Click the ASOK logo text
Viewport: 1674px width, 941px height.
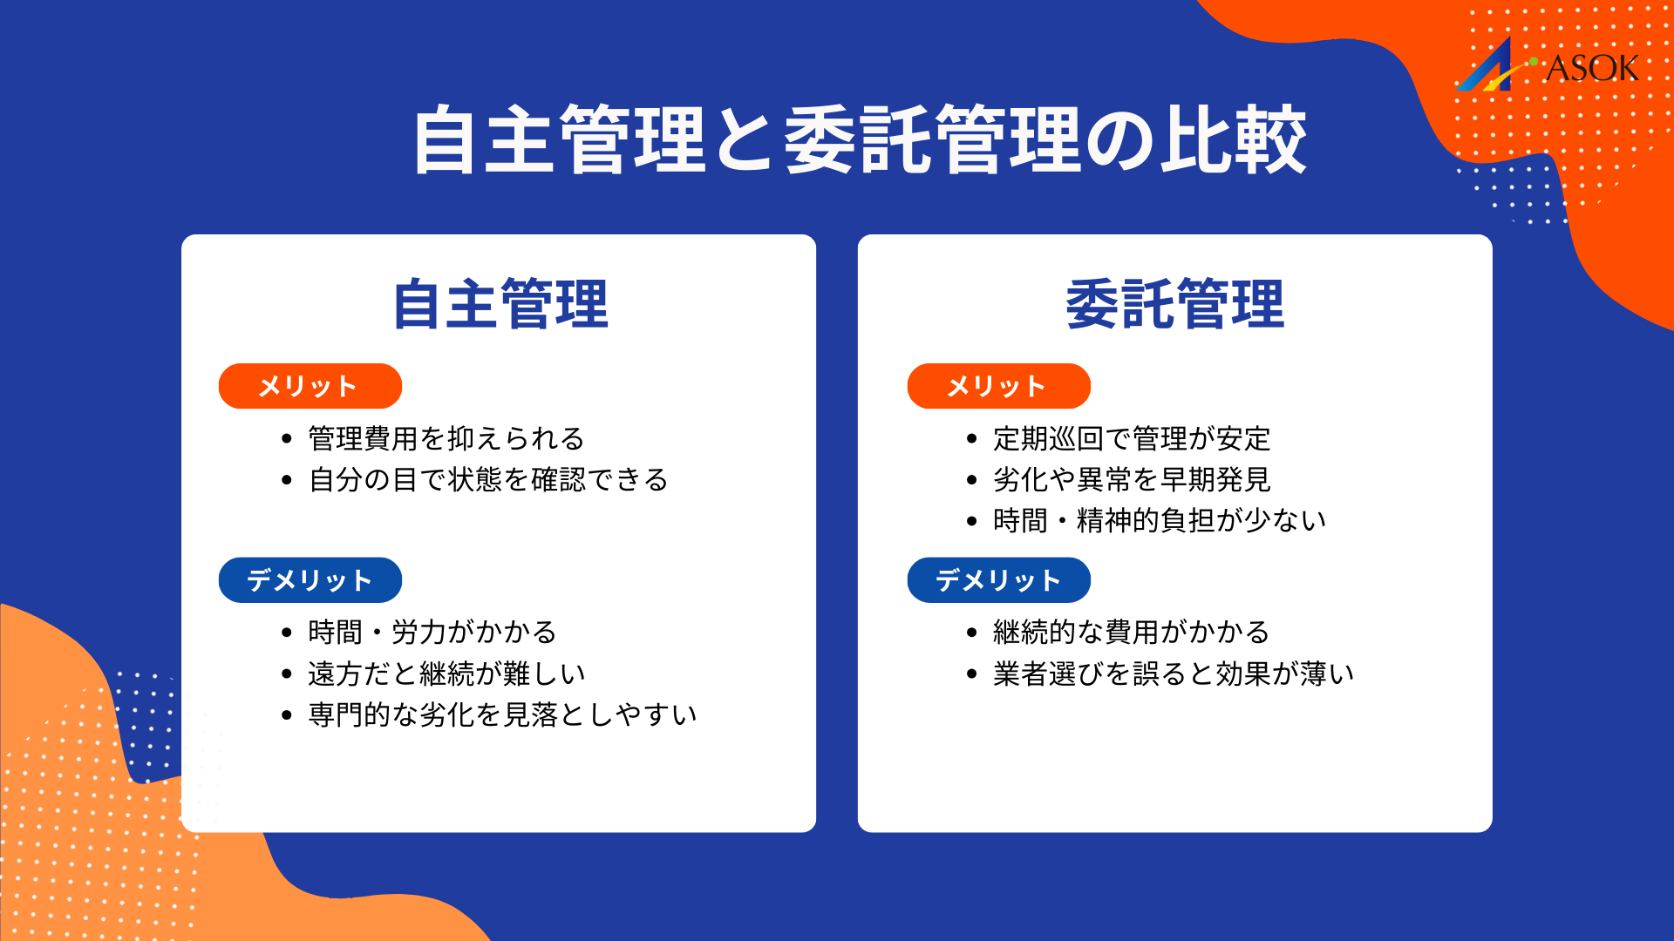coord(1591,68)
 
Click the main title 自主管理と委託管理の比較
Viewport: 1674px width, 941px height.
coord(859,139)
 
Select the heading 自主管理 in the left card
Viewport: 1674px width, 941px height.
coord(500,304)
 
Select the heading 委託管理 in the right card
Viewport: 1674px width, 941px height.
coord(1174,304)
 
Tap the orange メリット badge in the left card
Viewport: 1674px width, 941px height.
coord(310,386)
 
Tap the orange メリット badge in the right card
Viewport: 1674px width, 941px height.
coord(998,386)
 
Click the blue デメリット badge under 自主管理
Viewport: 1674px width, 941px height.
coord(310,580)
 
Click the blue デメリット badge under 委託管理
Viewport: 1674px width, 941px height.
coord(998,580)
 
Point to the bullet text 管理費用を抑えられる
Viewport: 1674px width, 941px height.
coord(446,438)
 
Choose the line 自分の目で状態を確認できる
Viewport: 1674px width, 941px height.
coord(488,480)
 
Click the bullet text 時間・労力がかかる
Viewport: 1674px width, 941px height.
coord(432,632)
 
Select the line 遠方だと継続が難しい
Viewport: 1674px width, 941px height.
coord(446,674)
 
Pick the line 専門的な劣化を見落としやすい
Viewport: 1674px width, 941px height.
coord(502,714)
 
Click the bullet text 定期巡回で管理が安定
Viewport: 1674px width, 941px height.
coord(1131,438)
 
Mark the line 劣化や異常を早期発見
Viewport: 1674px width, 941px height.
coord(1131,480)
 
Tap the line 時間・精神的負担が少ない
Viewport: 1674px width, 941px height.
coord(1159,521)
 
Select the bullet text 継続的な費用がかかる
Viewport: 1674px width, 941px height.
coord(1131,632)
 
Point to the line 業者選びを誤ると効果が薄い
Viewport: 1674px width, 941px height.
coord(1173,674)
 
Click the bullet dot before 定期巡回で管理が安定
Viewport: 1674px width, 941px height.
coord(972,439)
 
